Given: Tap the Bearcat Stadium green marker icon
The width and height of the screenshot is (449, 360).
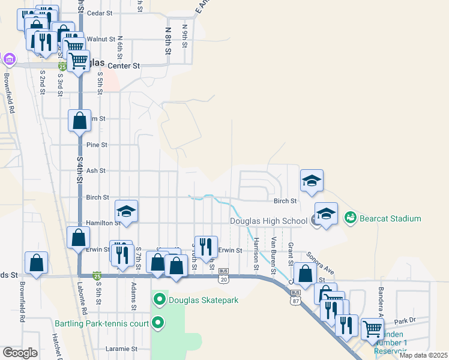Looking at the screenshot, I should coord(351,218).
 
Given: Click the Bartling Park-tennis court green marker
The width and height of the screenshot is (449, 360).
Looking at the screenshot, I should coord(158,323).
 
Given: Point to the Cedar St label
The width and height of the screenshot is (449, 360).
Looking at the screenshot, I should coord(100,13).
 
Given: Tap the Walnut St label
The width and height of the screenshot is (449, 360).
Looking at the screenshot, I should coord(100,39).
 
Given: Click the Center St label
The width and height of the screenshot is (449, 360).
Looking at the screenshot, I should coord(123,65).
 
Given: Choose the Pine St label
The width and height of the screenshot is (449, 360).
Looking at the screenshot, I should coord(97,145).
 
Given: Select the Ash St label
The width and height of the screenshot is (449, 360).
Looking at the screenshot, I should coord(96,171).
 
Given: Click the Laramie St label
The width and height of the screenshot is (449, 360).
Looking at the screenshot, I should coord(122,349).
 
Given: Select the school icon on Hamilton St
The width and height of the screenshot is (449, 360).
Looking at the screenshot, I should coord(127,211).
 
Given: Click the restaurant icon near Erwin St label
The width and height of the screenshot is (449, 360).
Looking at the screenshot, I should coord(206,247).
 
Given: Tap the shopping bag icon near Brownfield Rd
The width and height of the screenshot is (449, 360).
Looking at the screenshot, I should coord(36,263).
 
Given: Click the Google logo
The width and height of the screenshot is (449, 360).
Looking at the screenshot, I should coord(20,353).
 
